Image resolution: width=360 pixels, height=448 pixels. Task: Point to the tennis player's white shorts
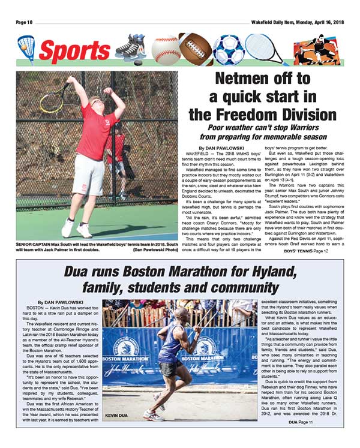click(88, 175)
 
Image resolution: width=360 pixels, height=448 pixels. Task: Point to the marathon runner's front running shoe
click(155, 413)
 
